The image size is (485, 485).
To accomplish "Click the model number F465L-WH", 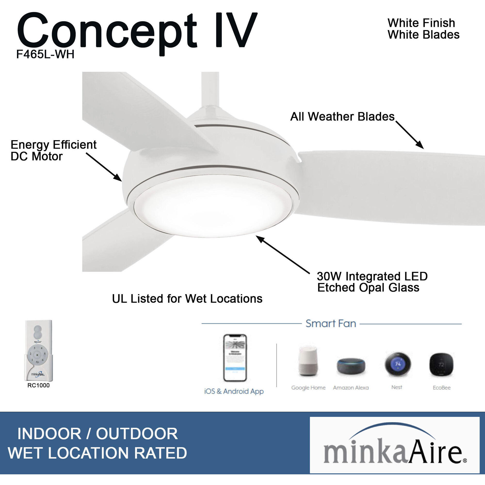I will click(x=45, y=54).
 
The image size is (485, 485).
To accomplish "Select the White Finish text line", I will click(x=421, y=23).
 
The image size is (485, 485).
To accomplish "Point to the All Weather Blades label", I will click(x=342, y=117).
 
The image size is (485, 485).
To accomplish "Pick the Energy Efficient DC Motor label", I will click(x=53, y=150).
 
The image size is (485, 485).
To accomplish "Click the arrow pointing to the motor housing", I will click(x=104, y=167).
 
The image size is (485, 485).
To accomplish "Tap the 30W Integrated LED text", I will click(x=372, y=276).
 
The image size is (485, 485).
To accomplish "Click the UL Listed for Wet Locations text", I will click(x=187, y=299).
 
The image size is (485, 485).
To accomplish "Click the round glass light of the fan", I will click(x=213, y=206).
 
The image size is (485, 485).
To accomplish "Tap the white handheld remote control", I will click(x=38, y=350).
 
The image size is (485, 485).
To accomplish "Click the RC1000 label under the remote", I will click(x=38, y=385).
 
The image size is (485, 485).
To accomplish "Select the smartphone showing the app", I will click(x=235, y=358).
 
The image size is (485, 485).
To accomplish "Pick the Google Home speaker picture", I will click(x=308, y=362).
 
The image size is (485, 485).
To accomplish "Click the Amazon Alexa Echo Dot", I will click(x=351, y=366).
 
